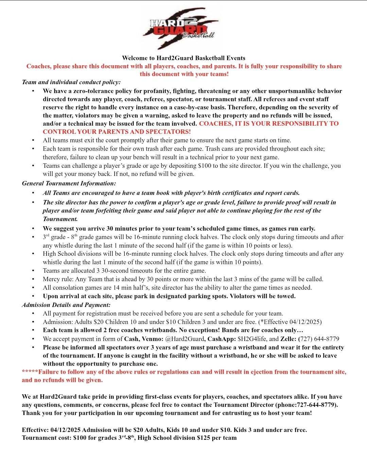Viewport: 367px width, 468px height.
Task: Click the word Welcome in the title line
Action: pyautogui.click(x=135, y=58)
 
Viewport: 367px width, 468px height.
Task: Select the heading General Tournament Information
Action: pyautogui.click(x=69, y=183)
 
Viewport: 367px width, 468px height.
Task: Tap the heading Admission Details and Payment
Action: pyautogui.click(x=66, y=305)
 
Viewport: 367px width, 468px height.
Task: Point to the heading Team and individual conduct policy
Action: pyautogui.click(x=71, y=82)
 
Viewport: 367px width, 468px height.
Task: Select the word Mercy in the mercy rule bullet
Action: pyautogui.click(x=51, y=279)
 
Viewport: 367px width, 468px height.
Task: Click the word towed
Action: pyautogui.click(x=286, y=296)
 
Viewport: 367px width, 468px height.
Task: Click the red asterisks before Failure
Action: pyautogui.click(x=30, y=372)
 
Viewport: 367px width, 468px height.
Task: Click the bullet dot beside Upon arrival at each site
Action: pyautogui.click(x=33, y=296)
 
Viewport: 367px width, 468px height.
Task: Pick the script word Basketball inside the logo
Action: pyautogui.click(x=198, y=35)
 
